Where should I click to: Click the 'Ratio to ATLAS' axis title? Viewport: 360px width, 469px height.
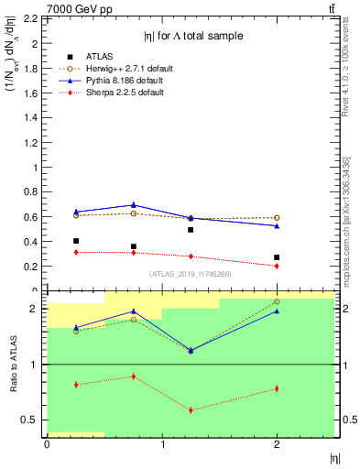tap(12, 365)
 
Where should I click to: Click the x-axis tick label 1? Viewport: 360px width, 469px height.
tap(163, 445)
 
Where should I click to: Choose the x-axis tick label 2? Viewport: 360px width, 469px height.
tap(278, 445)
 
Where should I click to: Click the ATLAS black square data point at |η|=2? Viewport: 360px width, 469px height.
tap(277, 257)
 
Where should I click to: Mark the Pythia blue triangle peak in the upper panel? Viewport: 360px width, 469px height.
tap(134, 204)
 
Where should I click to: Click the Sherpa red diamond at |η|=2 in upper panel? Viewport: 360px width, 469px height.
tap(277, 266)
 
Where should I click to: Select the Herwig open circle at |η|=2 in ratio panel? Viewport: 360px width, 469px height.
tap(277, 301)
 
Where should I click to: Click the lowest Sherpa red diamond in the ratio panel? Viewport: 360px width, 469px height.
tap(191, 409)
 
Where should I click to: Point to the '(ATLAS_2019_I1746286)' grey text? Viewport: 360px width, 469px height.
tap(190, 274)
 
